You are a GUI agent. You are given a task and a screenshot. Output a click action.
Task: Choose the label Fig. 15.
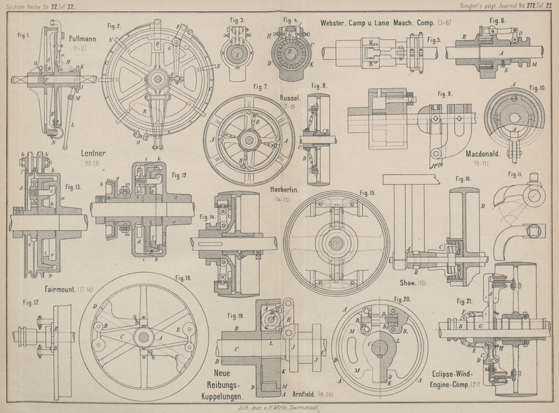368,192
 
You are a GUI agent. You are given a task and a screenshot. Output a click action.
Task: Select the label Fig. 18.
183,278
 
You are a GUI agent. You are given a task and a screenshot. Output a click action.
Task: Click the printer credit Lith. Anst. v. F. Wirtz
279,406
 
